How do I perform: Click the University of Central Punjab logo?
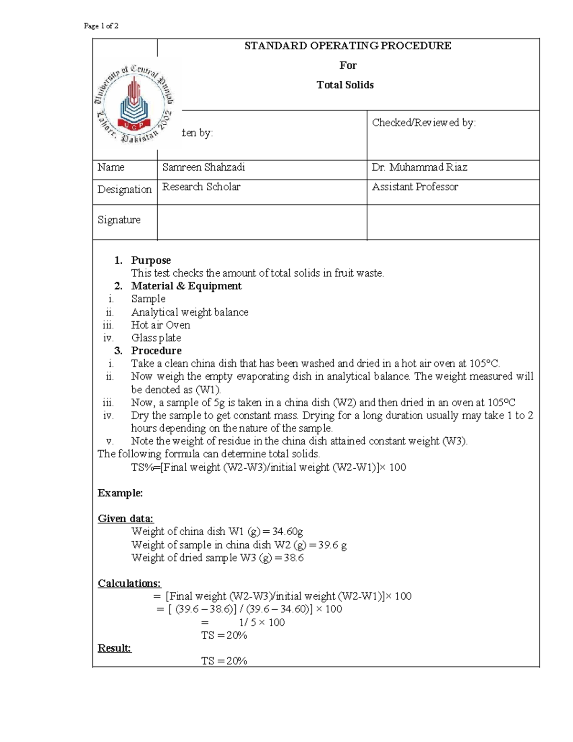click(x=134, y=103)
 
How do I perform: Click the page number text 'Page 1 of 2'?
click(x=101, y=26)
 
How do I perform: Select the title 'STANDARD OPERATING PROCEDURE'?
click(x=348, y=46)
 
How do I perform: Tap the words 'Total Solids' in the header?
click(x=345, y=85)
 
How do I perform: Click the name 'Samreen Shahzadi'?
click(x=203, y=167)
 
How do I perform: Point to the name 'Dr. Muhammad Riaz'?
click(x=419, y=167)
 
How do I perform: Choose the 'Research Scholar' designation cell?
click(x=201, y=187)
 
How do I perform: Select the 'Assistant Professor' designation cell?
click(x=414, y=187)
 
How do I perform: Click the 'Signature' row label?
click(x=119, y=220)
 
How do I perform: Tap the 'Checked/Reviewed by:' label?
click(x=424, y=123)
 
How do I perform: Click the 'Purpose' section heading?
click(x=151, y=260)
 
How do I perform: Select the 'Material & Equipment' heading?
click(x=186, y=286)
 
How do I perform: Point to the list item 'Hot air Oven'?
click(x=160, y=325)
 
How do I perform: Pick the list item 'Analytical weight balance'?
click(x=190, y=312)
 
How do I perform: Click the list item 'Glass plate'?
click(x=156, y=338)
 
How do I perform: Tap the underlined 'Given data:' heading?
click(x=126, y=519)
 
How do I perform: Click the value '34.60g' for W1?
click(x=287, y=532)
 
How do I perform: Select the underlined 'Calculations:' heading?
click(x=129, y=583)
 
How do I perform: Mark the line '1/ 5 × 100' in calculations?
click(x=262, y=622)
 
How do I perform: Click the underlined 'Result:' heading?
click(x=114, y=648)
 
